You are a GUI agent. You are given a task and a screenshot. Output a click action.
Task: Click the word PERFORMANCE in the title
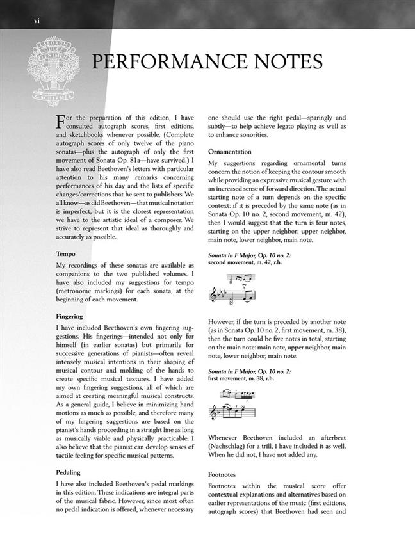[x=172, y=63]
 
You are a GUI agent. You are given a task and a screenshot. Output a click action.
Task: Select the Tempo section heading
[x=65, y=254]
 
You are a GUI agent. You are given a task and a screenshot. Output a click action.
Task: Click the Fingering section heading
[x=71, y=316]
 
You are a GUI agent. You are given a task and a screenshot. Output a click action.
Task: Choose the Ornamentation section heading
[x=233, y=152]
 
